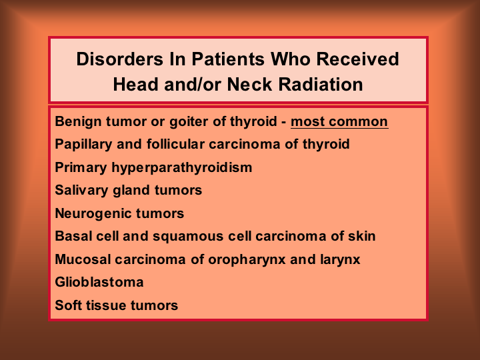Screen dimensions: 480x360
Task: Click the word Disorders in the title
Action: pos(120,59)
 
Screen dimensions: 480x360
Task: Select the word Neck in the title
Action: pos(249,84)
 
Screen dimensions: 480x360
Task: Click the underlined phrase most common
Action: pos(339,121)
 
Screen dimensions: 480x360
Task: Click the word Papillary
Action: pos(83,145)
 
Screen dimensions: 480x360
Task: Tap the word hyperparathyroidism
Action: pos(182,168)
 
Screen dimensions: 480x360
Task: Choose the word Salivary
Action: pos(81,191)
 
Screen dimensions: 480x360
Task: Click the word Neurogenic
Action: pos(93,214)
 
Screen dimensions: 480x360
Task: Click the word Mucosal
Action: pos(83,259)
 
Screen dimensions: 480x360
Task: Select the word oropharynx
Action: pos(247,260)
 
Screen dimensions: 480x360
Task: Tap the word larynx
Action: pos(340,260)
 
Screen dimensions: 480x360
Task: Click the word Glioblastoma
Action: pos(99,282)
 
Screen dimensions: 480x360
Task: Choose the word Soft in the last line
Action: pos(68,305)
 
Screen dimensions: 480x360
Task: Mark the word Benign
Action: pos(79,122)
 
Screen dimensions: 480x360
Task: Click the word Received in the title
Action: pos(357,59)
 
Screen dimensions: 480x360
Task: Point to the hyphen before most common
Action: pos(284,123)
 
